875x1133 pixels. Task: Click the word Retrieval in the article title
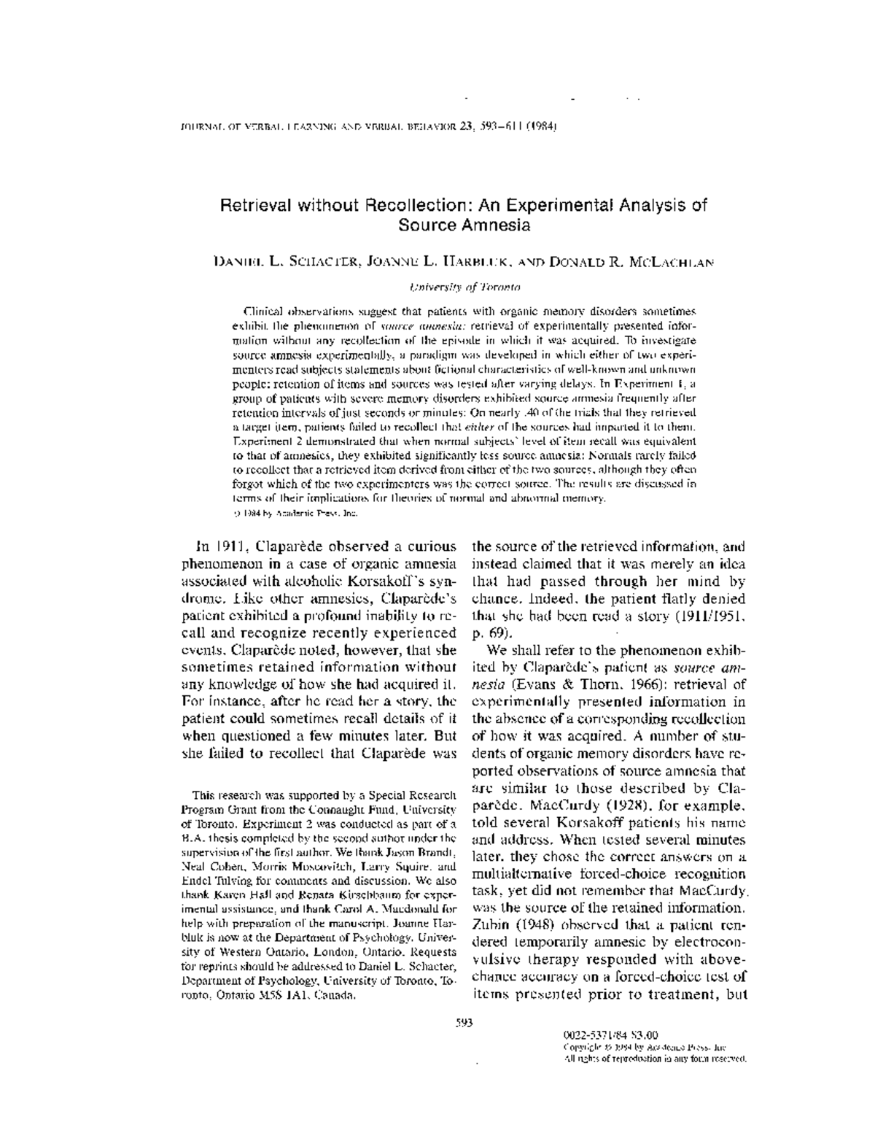pos(252,205)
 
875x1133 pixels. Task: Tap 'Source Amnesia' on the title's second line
pos(464,225)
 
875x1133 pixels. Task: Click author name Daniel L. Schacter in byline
pos(285,261)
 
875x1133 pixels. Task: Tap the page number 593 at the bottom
pos(464,1022)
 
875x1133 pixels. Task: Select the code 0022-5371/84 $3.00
pos(611,1034)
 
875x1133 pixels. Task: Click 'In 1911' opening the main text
pos(218,546)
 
